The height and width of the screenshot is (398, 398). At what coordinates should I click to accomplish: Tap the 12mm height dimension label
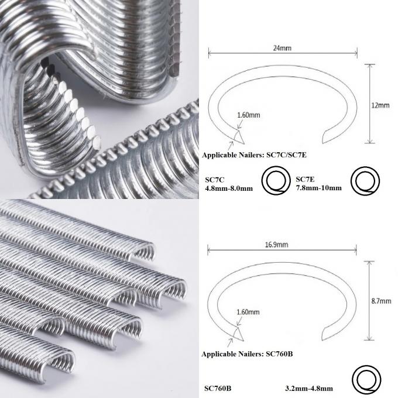(x=381, y=105)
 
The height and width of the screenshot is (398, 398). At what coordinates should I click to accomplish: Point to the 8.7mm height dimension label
(x=381, y=301)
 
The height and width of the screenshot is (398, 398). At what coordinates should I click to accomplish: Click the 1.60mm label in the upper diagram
(x=248, y=115)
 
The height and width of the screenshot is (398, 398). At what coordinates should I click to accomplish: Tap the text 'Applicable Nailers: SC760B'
(x=246, y=354)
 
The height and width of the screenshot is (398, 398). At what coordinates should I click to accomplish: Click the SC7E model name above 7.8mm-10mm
(x=306, y=179)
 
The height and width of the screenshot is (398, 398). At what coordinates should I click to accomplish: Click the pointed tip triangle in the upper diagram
(x=238, y=137)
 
